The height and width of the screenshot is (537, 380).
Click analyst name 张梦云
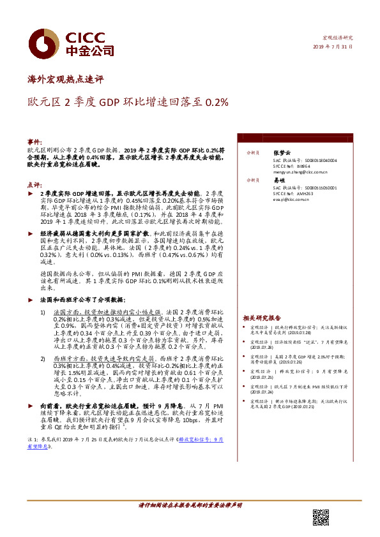282,154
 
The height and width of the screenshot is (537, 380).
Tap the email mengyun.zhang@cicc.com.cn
301,172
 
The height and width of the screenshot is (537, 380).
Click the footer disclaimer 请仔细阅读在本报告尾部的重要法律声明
190,505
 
